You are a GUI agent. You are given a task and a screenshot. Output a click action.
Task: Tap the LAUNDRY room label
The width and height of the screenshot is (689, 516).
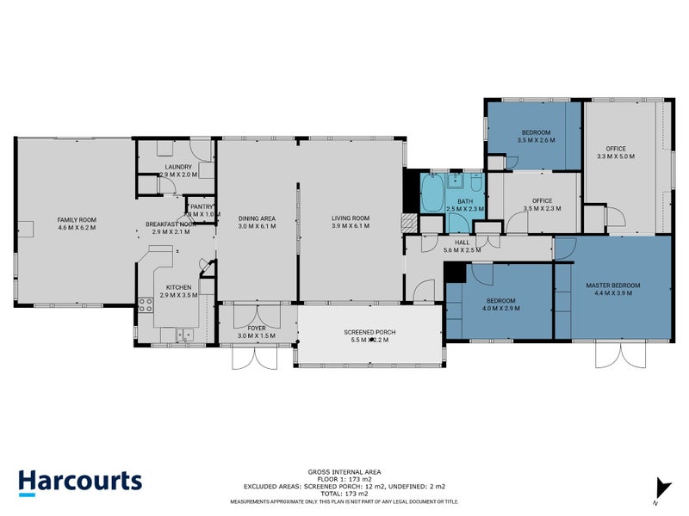[x=177, y=167]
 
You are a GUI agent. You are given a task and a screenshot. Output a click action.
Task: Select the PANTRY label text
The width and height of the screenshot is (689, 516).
[x=202, y=206]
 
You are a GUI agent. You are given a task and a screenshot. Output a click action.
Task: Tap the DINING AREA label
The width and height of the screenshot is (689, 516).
[x=257, y=218]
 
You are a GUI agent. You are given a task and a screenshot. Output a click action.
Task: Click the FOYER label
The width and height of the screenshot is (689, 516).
[x=257, y=328]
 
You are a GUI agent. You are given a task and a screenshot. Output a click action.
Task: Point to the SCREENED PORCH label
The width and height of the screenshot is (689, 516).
[x=369, y=331]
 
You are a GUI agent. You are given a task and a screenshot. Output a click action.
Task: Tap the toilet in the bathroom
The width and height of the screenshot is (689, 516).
[x=475, y=182]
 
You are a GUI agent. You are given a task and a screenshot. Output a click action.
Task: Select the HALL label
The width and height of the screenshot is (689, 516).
[x=462, y=243]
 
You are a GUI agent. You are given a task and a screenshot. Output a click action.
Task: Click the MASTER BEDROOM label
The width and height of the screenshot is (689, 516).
[x=612, y=285]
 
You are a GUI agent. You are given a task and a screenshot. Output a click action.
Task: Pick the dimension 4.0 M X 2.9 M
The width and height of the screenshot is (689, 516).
[x=500, y=308]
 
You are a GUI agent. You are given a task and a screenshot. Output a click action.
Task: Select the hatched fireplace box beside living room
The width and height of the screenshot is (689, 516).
[x=411, y=221]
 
